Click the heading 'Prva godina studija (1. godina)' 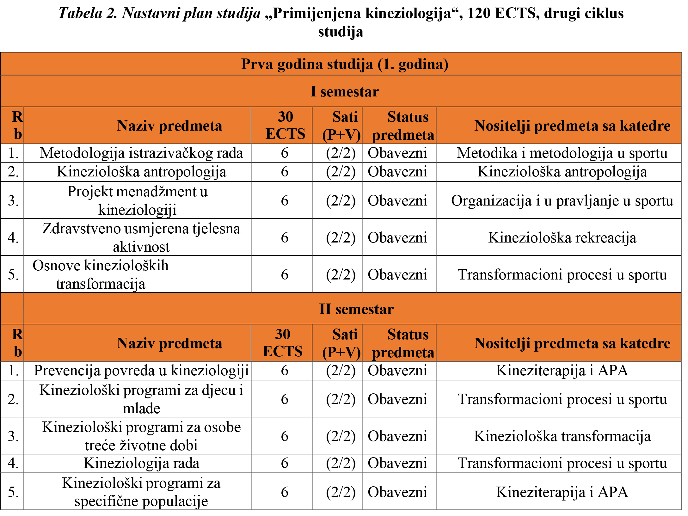point(345,64)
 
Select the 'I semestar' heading point(345,92)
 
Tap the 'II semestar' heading point(356,309)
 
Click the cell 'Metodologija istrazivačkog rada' point(141,153)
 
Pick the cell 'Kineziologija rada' point(141,464)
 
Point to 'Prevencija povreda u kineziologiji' point(141,371)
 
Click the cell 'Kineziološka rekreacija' point(562,238)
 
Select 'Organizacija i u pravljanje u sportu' point(562,201)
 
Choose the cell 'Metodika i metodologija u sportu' point(562,153)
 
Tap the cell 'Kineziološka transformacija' point(562,436)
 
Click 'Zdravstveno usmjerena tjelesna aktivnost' point(141,237)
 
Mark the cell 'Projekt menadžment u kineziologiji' point(138,200)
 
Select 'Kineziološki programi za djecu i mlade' point(141,399)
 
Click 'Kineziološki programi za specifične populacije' point(141,492)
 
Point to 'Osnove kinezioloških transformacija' point(101,274)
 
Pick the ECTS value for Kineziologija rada point(285,464)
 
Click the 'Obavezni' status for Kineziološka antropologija point(397,172)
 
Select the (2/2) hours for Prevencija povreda point(341,371)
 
